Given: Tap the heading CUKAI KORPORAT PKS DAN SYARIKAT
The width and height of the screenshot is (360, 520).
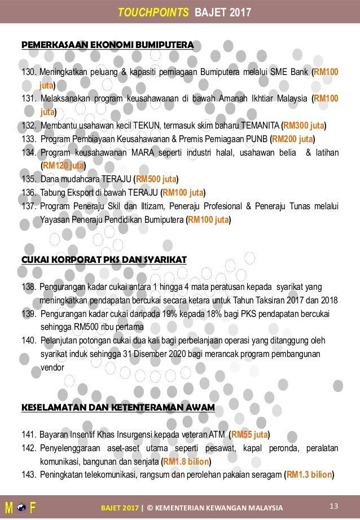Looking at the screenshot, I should tap(103, 259).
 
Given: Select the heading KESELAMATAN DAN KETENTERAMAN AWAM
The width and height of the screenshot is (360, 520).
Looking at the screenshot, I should tap(117, 407).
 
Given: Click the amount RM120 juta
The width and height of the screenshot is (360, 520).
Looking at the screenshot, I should tap(63, 166).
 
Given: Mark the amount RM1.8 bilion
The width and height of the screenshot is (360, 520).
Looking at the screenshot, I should tap(186, 462).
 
